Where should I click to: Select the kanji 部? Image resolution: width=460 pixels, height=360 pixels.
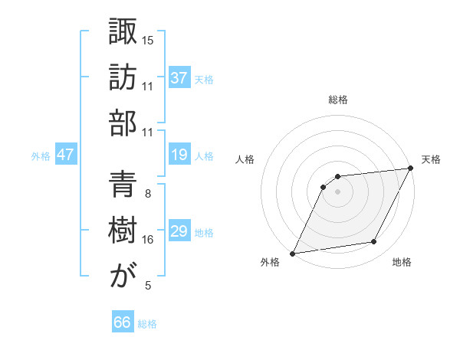[x=123, y=123]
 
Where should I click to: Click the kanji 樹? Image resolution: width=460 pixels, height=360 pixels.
[x=123, y=230]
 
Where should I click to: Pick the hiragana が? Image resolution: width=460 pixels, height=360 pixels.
[x=123, y=276]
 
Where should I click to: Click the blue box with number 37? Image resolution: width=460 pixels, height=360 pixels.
[x=179, y=78]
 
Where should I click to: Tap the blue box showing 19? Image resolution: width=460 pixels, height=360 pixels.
[x=179, y=155]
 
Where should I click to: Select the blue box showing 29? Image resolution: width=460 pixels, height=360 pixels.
[x=179, y=231]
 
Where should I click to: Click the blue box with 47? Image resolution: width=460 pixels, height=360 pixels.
[x=65, y=155]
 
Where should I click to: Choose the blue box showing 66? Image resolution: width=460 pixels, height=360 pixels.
[x=123, y=323]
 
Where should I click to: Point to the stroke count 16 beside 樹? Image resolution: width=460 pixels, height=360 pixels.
[x=148, y=240]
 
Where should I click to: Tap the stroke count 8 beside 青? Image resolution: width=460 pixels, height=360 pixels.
[x=147, y=193]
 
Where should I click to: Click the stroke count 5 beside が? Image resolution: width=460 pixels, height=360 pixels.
[x=147, y=286]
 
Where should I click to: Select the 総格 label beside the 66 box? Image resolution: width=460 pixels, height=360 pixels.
[x=147, y=324]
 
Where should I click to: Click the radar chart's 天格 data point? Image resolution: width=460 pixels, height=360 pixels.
[x=412, y=169]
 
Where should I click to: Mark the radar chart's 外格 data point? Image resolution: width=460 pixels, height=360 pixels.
[x=292, y=253]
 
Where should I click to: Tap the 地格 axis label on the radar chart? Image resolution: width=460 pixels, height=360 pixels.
[x=402, y=263]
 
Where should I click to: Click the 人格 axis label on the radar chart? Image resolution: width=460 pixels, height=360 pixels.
[x=245, y=159]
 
